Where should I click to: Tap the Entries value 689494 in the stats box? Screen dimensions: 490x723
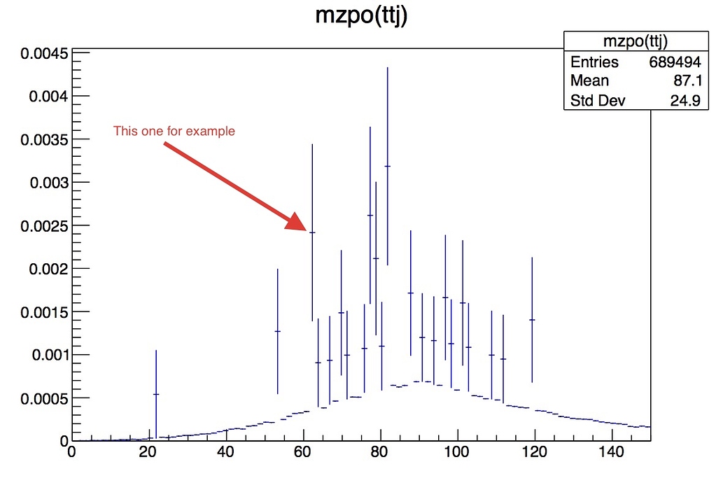tap(675, 62)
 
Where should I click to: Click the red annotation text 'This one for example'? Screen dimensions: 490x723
tap(174, 131)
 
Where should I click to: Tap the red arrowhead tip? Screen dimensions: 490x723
tap(305, 229)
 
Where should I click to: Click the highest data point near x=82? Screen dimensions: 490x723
tap(388, 166)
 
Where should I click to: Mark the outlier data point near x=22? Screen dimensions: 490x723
tap(156, 394)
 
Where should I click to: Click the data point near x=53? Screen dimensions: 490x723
tap(277, 331)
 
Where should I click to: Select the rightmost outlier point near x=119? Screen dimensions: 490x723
tap(532, 320)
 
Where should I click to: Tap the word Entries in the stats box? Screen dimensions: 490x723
tap(594, 62)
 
